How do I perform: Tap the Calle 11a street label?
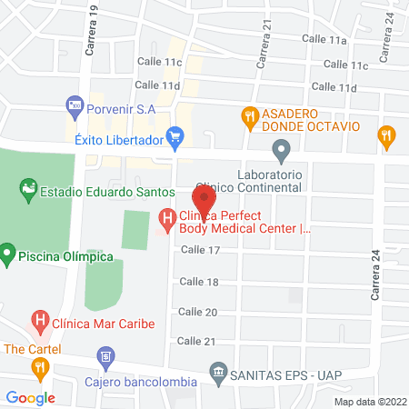tap(326, 40)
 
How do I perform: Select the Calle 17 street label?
tap(200, 249)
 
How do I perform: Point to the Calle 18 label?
tap(200, 282)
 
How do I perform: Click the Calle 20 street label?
tap(196, 311)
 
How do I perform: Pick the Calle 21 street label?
tap(196, 341)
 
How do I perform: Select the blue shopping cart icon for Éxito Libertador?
tap(177, 139)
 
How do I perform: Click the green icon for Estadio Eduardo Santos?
tap(27, 191)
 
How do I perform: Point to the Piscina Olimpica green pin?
tap(7, 251)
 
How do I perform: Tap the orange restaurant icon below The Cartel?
tap(39, 367)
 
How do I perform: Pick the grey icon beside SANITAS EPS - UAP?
tap(218, 371)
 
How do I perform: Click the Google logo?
tap(31, 397)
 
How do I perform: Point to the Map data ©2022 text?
tap(369, 401)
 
